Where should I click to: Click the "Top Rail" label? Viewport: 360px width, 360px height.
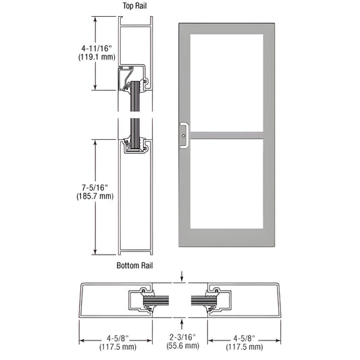click(x=134, y=6)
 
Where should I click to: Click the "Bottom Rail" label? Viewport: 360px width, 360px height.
click(x=134, y=265)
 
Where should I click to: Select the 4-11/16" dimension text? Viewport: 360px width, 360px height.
click(x=97, y=48)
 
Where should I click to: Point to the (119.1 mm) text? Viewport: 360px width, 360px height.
click(x=97, y=57)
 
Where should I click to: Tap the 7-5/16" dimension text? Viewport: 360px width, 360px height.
click(x=95, y=188)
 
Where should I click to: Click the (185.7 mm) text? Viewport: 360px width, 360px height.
click(x=95, y=197)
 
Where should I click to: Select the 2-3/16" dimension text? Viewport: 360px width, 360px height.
click(x=183, y=337)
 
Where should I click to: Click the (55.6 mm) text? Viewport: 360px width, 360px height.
click(x=183, y=346)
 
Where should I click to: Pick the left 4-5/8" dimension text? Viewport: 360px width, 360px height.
click(x=118, y=338)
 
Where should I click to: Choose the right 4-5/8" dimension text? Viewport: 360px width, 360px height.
click(x=245, y=338)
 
